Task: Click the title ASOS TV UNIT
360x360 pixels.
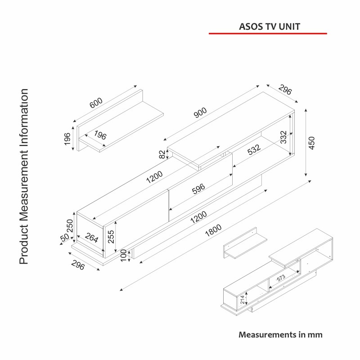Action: pos(269,27)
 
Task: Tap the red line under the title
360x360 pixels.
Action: pos(268,33)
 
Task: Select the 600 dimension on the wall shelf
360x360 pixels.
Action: pos(96,103)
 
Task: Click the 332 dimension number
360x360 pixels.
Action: pos(283,137)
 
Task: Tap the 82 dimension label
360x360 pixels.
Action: pos(162,154)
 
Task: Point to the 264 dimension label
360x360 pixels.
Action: pos(91,238)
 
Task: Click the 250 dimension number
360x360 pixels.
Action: pos(70,224)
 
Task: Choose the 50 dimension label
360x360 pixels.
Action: pos(64,238)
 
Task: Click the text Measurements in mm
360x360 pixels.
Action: pos(280,335)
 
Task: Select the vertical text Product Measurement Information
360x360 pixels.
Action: pos(24,176)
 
